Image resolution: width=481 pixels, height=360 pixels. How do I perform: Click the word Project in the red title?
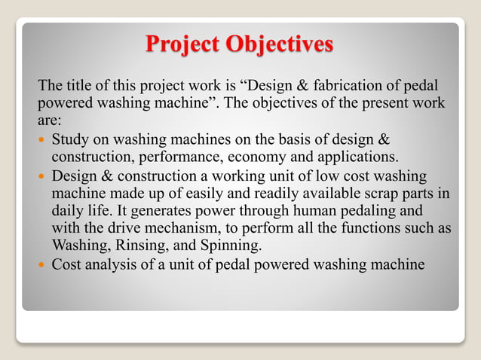tap(185, 44)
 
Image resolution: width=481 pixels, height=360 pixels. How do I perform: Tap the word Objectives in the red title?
tap(279, 44)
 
